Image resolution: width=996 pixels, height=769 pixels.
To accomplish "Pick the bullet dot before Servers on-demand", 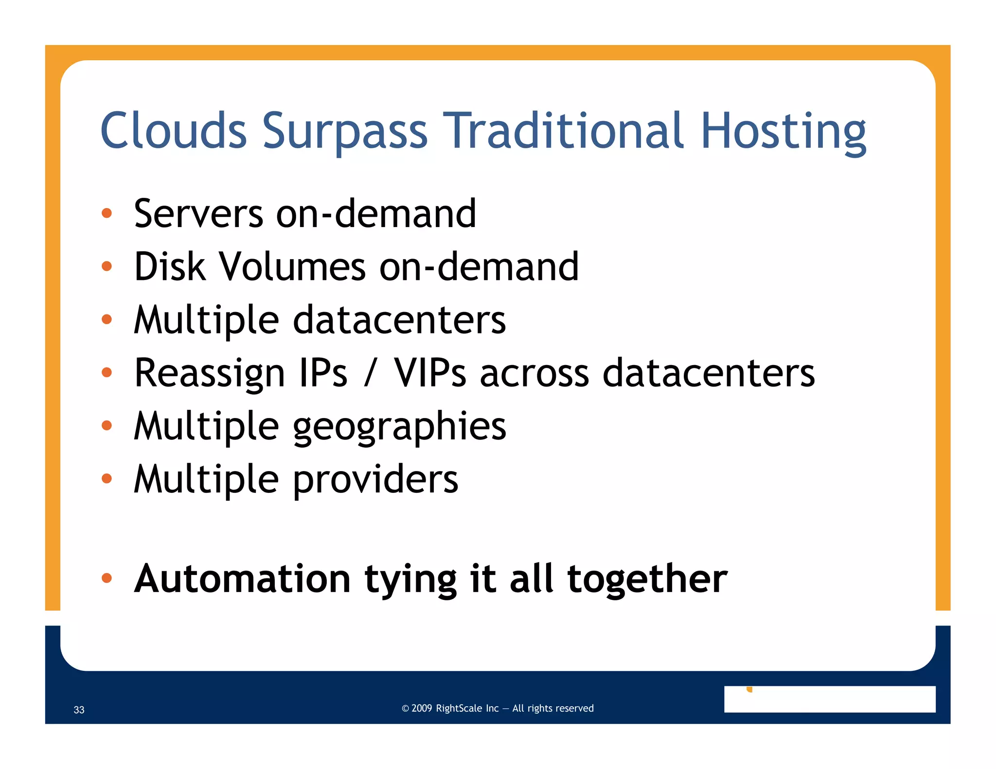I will pyautogui.click(x=107, y=213).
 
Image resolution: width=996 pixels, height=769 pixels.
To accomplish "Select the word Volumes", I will pyautogui.click(x=292, y=267).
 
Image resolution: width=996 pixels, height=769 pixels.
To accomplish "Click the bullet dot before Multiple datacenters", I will pyautogui.click(x=107, y=319).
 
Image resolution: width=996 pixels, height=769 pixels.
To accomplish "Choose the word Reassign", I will pyautogui.click(x=209, y=373).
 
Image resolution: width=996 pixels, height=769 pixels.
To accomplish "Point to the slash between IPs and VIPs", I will pyautogui.click(x=371, y=374).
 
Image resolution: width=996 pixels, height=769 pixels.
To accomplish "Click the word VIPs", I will pyautogui.click(x=430, y=373).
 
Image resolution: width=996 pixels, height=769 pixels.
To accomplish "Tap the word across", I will pyautogui.click(x=534, y=374).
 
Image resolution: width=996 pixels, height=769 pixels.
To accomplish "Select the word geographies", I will pyautogui.click(x=399, y=427).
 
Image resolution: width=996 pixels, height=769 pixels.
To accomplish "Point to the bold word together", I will pyautogui.click(x=647, y=579).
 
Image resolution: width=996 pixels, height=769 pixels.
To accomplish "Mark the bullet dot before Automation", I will pyautogui.click(x=107, y=578).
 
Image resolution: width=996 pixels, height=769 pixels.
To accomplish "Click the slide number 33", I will pyautogui.click(x=79, y=710).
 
